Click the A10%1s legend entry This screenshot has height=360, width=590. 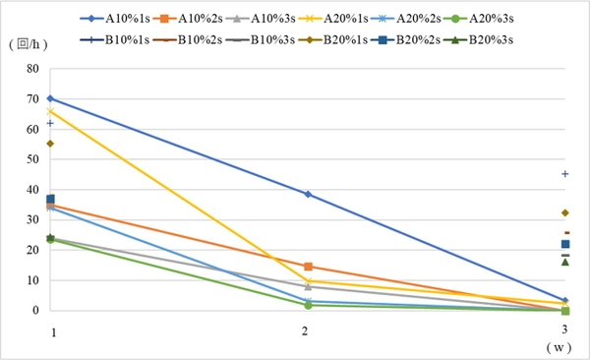click(x=115, y=19)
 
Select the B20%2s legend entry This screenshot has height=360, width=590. click(x=405, y=40)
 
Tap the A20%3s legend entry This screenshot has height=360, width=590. click(x=479, y=19)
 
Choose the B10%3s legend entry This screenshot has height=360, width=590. click(x=261, y=40)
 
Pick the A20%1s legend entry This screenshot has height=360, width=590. click(x=333, y=19)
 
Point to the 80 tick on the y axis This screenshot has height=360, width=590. click(x=32, y=69)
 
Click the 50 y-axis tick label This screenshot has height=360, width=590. click(x=32, y=159)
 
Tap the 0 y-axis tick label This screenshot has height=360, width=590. click(x=35, y=310)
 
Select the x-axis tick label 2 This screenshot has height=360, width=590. click(x=305, y=331)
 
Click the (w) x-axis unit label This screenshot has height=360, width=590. click(x=559, y=347)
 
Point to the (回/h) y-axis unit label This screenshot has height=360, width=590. click(x=29, y=44)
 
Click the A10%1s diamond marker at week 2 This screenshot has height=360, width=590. click(x=308, y=195)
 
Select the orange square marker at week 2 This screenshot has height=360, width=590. click(x=308, y=267)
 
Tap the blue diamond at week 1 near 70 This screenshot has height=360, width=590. click(x=50, y=98)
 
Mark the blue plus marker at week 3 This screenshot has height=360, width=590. click(x=564, y=174)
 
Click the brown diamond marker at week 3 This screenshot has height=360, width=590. click(x=564, y=213)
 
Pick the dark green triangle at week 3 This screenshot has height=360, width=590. click(x=564, y=262)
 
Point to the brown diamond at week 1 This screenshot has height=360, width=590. click(x=50, y=144)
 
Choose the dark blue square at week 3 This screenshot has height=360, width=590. click(x=565, y=244)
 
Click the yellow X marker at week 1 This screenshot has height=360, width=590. click(x=50, y=111)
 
